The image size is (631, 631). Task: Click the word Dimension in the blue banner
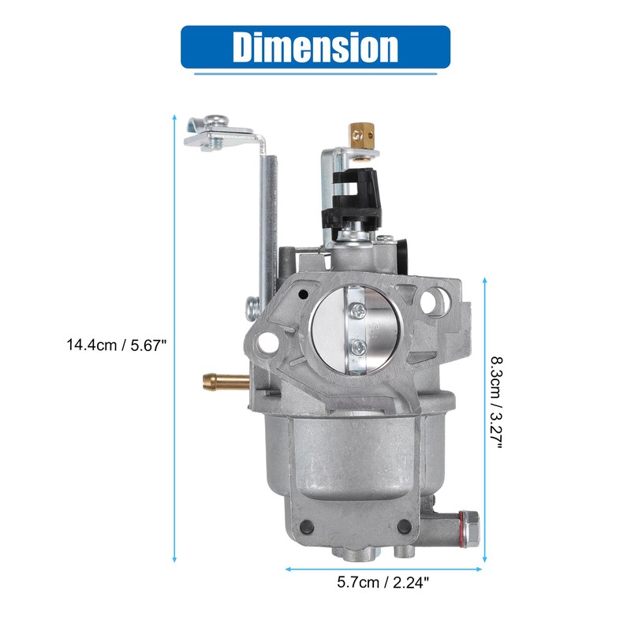[315, 47]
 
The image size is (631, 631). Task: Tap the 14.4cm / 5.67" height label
[117, 345]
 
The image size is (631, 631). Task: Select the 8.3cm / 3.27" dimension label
[497, 402]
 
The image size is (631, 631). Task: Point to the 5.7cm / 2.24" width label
[383, 582]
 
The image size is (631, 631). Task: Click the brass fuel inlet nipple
[226, 381]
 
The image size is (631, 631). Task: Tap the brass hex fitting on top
[360, 136]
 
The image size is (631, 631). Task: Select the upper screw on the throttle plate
[358, 310]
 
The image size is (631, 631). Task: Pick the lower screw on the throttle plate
[359, 346]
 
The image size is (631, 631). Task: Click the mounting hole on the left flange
[265, 342]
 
